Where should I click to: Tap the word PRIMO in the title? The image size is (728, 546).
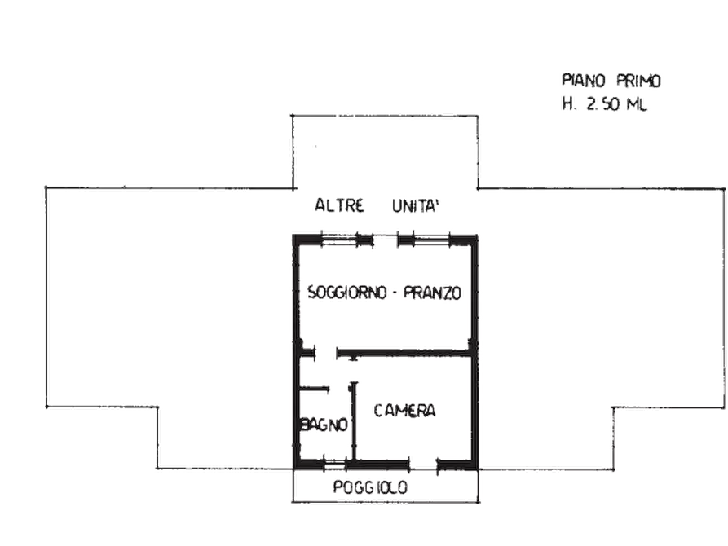638,81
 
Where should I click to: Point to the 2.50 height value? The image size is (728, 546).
603,104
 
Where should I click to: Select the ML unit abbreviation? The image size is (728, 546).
637,104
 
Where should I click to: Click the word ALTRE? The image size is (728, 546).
339,205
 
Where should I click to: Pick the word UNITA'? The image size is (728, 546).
416,205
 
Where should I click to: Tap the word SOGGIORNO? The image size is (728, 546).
347,293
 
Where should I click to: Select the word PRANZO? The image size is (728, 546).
433,293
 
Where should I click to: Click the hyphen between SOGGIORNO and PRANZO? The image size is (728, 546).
395,293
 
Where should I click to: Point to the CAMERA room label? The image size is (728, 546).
405,411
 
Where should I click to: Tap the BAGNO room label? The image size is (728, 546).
324,425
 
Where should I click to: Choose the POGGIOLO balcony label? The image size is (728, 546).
370,487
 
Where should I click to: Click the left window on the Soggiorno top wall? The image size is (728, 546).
339,240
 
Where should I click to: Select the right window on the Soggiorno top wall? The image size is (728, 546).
431,240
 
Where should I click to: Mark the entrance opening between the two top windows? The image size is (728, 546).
386,240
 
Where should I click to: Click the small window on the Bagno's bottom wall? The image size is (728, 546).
335,464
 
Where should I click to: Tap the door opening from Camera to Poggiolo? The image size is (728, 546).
423,465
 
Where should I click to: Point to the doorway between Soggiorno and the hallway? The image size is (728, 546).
326,353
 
